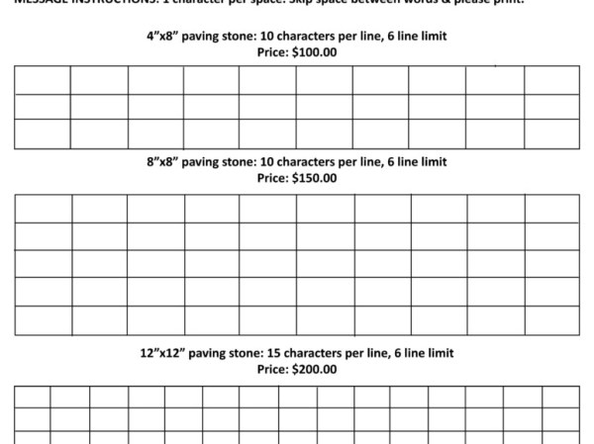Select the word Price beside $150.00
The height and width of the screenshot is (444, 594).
tap(272, 179)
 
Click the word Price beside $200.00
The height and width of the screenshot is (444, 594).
tap(272, 370)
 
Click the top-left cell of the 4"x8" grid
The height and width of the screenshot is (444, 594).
tap(42, 80)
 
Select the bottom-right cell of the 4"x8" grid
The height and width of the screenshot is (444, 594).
tap(551, 133)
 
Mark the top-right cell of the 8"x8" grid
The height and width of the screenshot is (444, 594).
tap(551, 209)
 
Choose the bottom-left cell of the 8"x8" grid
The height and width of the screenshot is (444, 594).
tap(43, 320)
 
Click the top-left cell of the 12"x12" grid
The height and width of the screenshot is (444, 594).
tap(32, 397)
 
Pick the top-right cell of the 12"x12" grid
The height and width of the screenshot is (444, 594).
tap(560, 397)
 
